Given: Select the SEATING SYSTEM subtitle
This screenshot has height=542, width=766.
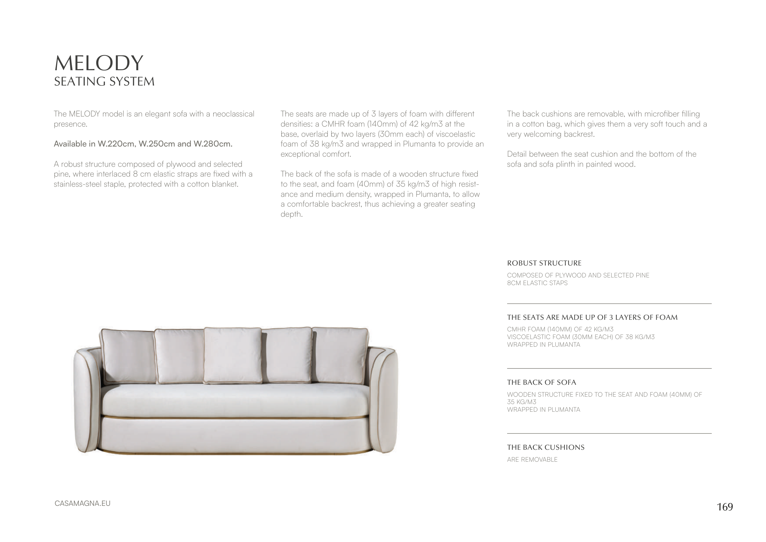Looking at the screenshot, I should tap(104, 82).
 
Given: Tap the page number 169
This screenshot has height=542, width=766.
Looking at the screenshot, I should tap(725, 507).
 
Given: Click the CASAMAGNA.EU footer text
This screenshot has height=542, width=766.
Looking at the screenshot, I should tap(82, 503).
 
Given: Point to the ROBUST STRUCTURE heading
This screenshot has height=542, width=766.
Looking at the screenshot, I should tap(544, 263).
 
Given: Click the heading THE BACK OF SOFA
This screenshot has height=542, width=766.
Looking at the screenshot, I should tap(541, 383).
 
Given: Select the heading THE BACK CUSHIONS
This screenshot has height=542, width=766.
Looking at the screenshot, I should tap(545, 447).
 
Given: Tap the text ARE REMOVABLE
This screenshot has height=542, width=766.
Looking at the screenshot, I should tap(532, 460).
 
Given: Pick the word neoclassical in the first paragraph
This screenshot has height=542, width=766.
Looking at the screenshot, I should tap(233, 114).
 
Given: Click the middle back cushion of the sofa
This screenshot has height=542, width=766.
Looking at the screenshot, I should tap(233, 355).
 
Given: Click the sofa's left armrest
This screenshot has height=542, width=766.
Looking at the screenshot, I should tap(87, 400).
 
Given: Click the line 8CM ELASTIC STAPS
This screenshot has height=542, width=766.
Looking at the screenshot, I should tap(537, 283).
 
